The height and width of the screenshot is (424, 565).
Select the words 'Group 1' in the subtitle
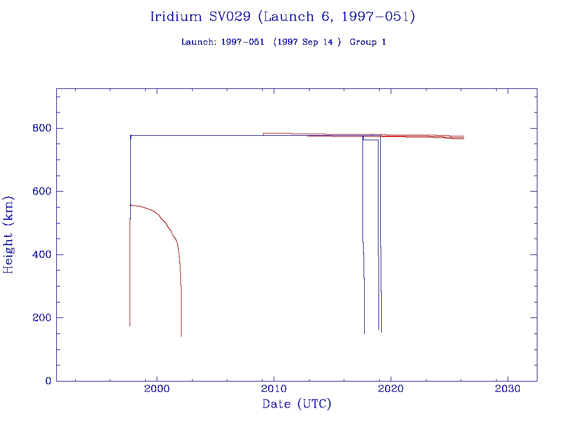click(x=367, y=42)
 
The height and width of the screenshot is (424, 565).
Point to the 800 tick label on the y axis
click(x=41, y=128)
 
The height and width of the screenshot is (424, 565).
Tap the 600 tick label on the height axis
click(x=41, y=191)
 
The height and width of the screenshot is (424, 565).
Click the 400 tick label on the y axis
click(x=41, y=255)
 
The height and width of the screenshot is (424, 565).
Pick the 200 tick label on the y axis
click(x=41, y=317)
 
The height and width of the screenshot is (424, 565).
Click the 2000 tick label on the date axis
click(x=157, y=389)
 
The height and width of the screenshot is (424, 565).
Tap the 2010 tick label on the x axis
click(x=274, y=389)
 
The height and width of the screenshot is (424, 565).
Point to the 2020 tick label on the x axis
click(x=391, y=389)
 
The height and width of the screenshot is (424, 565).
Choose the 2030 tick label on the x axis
click(x=508, y=389)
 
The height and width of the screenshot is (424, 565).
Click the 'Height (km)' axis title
click(x=9, y=234)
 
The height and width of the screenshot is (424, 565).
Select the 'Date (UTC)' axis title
click(x=297, y=405)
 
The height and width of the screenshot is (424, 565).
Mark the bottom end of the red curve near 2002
click(x=181, y=335)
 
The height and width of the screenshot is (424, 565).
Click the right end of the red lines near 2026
click(x=463, y=137)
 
